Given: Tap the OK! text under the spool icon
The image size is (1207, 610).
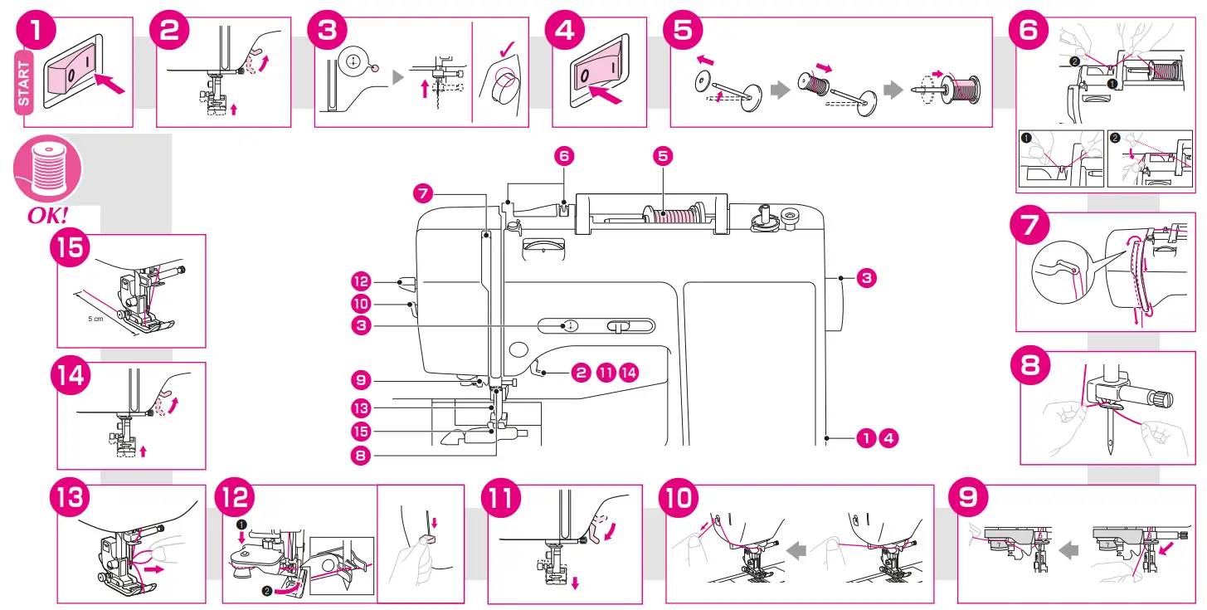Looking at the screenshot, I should coord(48,215).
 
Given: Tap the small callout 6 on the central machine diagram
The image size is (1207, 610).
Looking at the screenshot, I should coord(564,155).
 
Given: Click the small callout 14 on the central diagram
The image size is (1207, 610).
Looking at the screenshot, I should coord(630,372).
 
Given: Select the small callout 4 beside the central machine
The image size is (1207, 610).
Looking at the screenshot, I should coord(889,437).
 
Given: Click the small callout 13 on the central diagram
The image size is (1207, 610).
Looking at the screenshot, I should coord(361,408).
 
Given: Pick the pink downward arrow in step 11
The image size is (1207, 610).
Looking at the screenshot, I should coord(576,583).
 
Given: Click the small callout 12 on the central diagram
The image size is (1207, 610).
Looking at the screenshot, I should coord(361,281).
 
